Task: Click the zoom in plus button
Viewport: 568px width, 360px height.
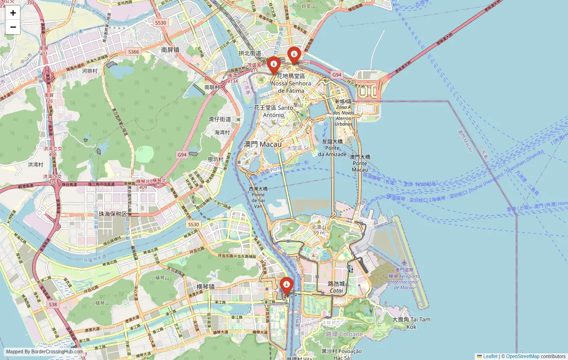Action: tap(13, 13)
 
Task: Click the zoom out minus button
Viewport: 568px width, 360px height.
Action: tap(13, 27)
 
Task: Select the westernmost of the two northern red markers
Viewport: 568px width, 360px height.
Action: tap(274, 65)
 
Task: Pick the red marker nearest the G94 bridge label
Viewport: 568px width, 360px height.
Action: tap(294, 55)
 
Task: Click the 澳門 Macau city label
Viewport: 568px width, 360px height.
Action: tap(262, 144)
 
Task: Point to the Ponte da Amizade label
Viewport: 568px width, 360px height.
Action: tap(332, 148)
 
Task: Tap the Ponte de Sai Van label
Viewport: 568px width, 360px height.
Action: tap(258, 197)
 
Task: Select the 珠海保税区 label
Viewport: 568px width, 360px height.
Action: tap(113, 214)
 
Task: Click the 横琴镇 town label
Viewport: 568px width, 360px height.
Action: tap(205, 286)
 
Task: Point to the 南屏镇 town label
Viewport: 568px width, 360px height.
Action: tap(170, 49)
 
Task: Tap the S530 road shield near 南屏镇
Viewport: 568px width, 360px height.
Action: tap(160, 22)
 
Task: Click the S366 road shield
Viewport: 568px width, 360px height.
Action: tap(133, 52)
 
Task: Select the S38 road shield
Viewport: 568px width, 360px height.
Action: tap(53, 305)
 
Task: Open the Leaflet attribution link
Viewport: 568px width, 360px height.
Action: tap(490, 356)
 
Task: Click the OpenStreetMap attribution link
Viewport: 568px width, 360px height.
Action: tap(523, 356)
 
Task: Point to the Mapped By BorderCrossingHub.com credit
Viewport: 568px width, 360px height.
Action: tap(44, 351)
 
